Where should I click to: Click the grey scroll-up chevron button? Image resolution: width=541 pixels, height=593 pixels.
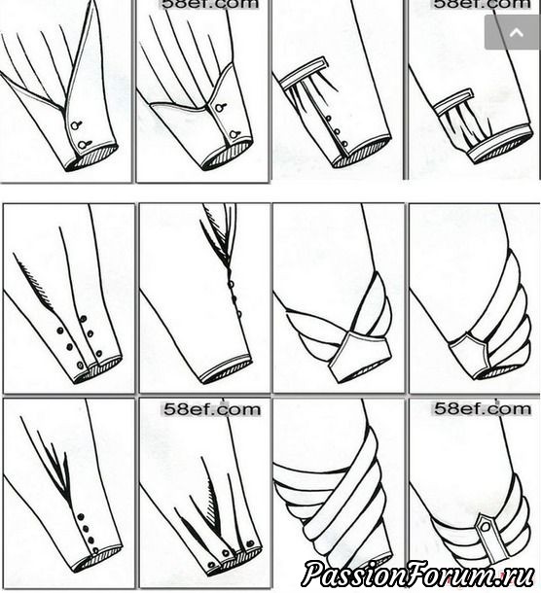[513, 32]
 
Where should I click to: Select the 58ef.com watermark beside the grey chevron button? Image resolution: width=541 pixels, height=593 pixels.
[482, 4]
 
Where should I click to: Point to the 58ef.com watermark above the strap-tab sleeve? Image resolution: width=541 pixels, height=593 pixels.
[482, 409]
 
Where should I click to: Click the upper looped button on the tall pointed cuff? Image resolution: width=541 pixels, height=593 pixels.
[77, 124]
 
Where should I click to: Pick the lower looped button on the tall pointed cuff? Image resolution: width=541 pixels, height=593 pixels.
[84, 144]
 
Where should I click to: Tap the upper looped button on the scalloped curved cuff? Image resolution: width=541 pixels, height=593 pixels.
[220, 107]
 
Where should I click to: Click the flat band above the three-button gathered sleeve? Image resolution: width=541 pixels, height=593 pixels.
[303, 73]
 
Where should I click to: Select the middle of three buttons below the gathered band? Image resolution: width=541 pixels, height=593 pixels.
[337, 131]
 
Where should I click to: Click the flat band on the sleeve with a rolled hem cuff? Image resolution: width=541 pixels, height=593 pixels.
[452, 101]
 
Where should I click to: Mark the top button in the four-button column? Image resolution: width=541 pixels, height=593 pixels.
[80, 516]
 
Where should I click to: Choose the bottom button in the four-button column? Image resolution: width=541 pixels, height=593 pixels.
[95, 550]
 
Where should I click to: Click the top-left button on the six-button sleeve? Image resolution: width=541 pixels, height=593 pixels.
[59, 331]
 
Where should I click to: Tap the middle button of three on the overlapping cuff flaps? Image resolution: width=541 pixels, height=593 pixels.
[226, 553]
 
